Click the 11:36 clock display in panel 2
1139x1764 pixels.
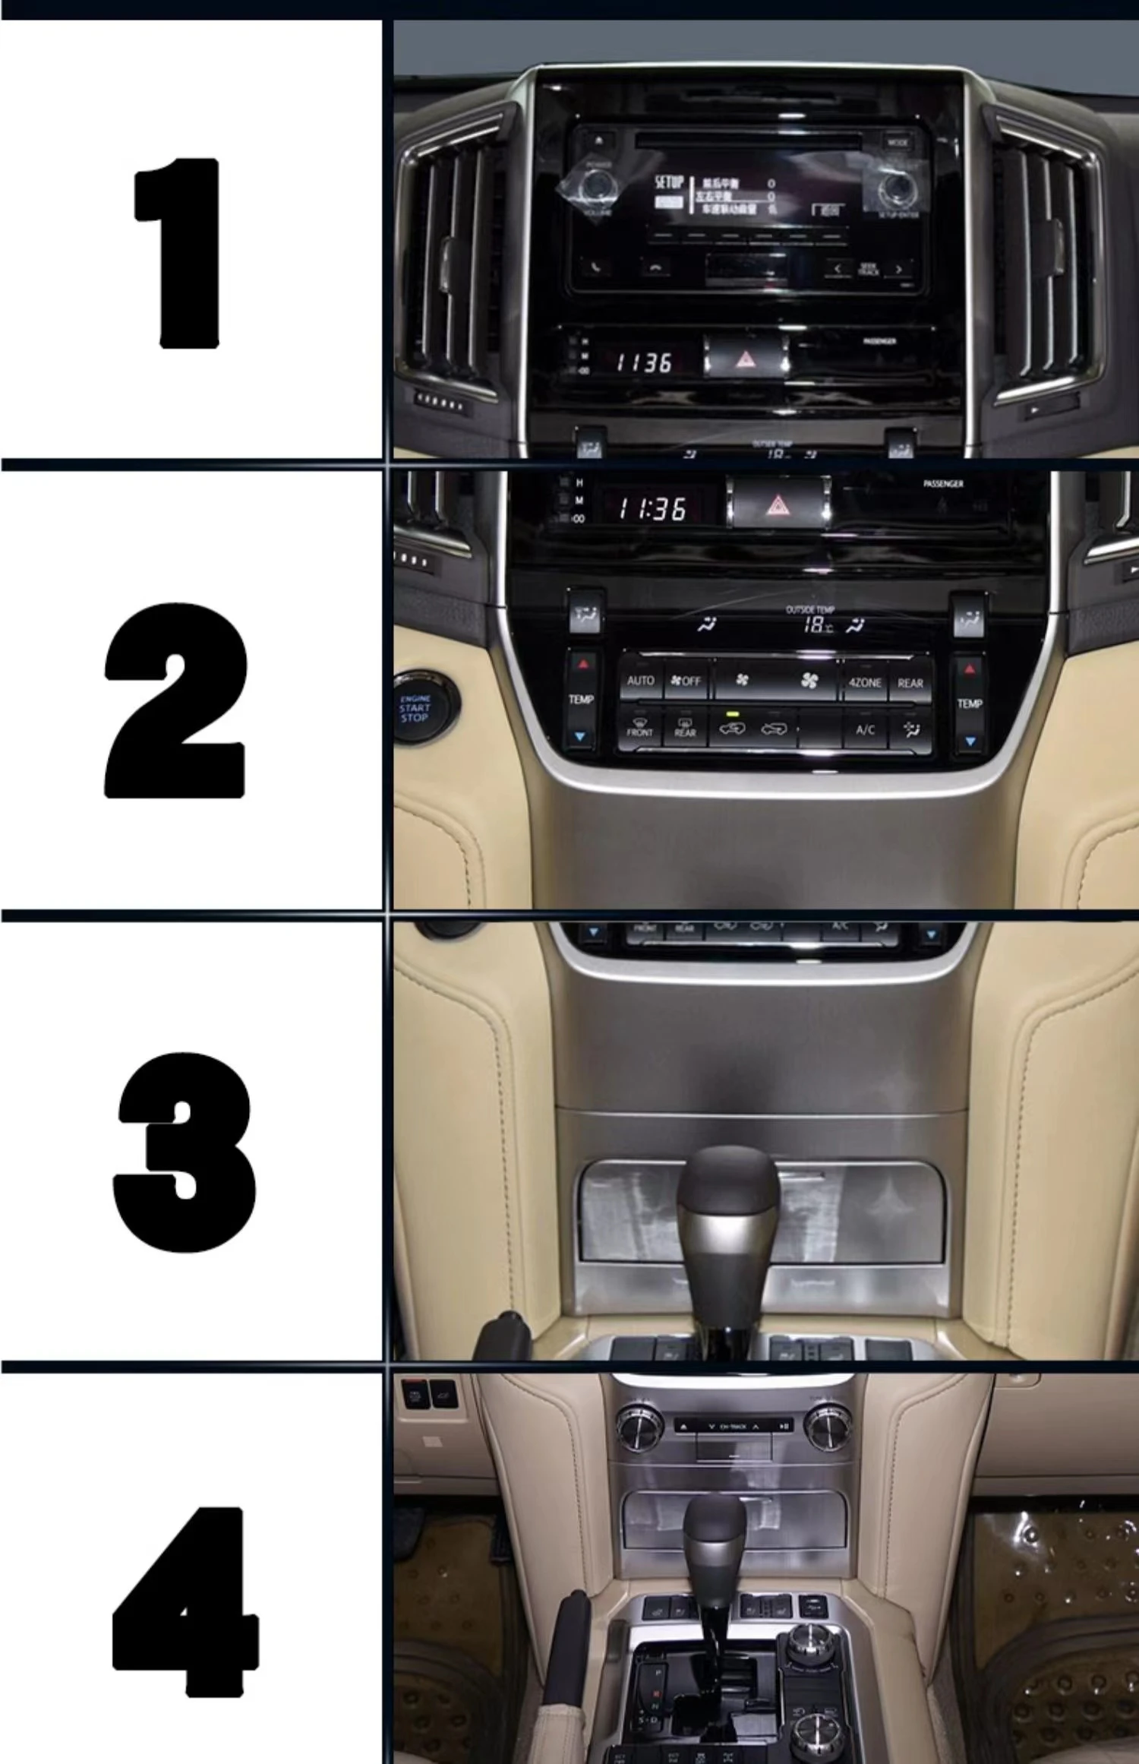tap(652, 508)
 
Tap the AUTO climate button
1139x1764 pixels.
tap(640, 681)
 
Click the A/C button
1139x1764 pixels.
tap(865, 730)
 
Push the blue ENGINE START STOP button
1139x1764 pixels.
tap(415, 708)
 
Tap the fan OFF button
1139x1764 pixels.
tap(686, 681)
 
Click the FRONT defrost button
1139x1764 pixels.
tap(639, 728)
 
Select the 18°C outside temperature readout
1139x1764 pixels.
tap(818, 625)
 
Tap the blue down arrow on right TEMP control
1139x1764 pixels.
tap(970, 741)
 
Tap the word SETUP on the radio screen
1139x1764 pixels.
tap(669, 183)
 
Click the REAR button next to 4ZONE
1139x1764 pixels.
tap(910, 683)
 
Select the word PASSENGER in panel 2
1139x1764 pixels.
tap(942, 484)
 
